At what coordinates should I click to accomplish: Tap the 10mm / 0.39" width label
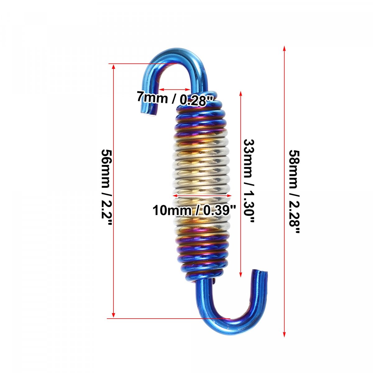click(x=195, y=210)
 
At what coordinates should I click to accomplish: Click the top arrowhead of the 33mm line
click(x=241, y=94)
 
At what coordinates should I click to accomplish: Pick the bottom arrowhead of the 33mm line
click(x=241, y=274)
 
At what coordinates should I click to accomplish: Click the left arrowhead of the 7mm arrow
click(x=162, y=90)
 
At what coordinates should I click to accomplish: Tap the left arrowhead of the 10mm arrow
click(x=175, y=196)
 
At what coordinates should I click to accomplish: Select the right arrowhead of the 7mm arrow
click(x=188, y=90)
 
